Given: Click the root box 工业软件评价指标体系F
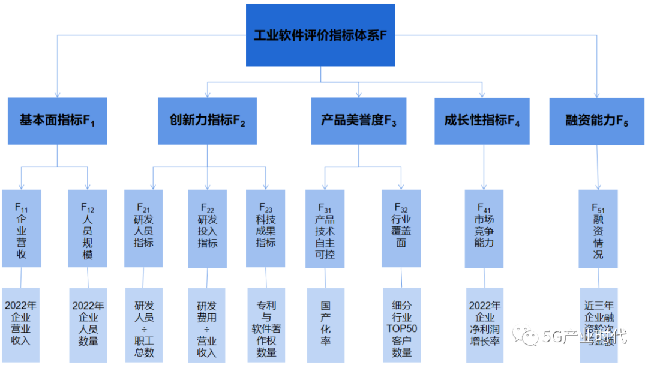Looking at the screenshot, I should pyautogui.click(x=320, y=35).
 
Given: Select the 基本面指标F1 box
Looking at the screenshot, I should pyautogui.click(x=58, y=121).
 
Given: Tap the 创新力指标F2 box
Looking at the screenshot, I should pyautogui.click(x=208, y=121).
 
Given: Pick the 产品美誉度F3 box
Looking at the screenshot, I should pyautogui.click(x=359, y=121).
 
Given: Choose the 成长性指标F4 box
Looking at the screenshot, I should pyautogui.click(x=482, y=121).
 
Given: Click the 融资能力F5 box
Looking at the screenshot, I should pyautogui.click(x=597, y=121).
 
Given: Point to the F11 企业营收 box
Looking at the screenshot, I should pyautogui.click(x=21, y=229).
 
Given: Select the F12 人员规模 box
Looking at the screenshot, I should pyautogui.click(x=88, y=229).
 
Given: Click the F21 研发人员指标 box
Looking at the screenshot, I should pyautogui.click(x=143, y=229).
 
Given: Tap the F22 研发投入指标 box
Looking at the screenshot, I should pyautogui.click(x=208, y=229).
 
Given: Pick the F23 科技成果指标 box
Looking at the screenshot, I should pyautogui.click(x=266, y=229).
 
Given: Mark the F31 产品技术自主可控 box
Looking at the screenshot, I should pyautogui.click(x=325, y=229).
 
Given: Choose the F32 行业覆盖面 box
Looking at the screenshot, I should pyautogui.click(x=401, y=229).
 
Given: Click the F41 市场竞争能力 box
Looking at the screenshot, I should pyautogui.click(x=484, y=229).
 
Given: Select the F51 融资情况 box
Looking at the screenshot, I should pyautogui.click(x=598, y=229).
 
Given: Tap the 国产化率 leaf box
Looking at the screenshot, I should pyautogui.click(x=325, y=325).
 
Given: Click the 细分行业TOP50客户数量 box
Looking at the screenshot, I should pyautogui.click(x=402, y=325).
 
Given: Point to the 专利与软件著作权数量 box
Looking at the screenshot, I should pyautogui.click(x=266, y=325).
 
